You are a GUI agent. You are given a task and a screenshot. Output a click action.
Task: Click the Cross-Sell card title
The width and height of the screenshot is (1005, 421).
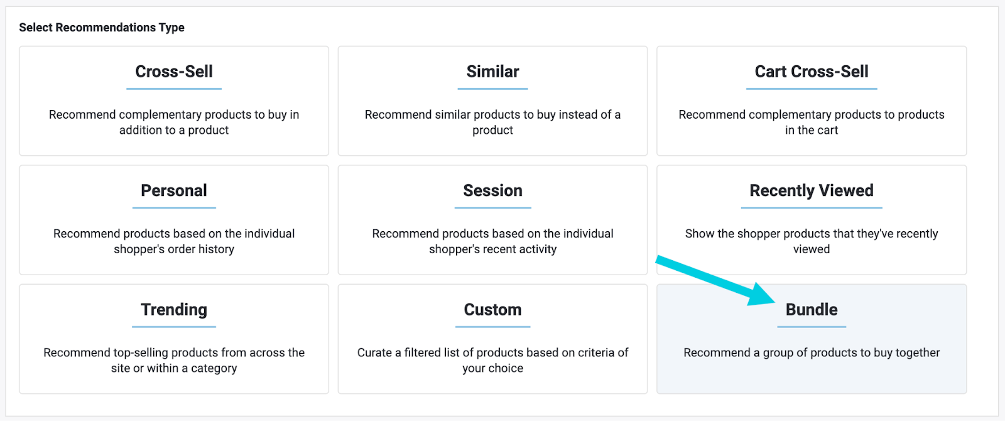pyautogui.click(x=174, y=72)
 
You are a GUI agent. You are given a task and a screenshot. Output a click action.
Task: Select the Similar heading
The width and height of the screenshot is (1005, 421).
pyautogui.click(x=492, y=72)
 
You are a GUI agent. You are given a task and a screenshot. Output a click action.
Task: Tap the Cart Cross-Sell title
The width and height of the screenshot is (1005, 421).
pyautogui.click(x=811, y=72)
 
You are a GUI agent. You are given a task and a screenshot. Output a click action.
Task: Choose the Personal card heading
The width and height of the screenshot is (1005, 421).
pyautogui.click(x=174, y=190)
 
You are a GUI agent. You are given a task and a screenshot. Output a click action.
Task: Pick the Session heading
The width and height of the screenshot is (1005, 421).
pyautogui.click(x=492, y=190)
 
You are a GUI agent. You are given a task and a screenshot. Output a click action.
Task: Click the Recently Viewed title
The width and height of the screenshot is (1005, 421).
pyautogui.click(x=811, y=190)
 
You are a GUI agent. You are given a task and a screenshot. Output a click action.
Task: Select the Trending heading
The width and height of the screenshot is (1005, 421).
pyautogui.click(x=174, y=310)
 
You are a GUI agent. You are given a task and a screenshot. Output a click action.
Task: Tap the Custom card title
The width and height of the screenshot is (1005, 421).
pyautogui.click(x=492, y=310)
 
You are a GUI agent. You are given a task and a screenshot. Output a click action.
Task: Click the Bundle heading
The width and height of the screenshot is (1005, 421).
pyautogui.click(x=811, y=310)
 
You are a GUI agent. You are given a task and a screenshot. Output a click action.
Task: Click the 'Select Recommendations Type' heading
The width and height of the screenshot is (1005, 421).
pyautogui.click(x=102, y=28)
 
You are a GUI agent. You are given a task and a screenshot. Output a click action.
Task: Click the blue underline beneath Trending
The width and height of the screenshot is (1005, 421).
pyautogui.click(x=174, y=327)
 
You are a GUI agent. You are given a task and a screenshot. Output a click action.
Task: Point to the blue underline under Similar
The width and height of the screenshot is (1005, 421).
pyautogui.click(x=492, y=89)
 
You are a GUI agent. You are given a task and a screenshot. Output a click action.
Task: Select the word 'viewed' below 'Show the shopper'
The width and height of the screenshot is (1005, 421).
pyautogui.click(x=811, y=249)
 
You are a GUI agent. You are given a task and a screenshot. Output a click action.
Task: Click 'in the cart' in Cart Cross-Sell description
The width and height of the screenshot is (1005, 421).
pyautogui.click(x=811, y=130)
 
